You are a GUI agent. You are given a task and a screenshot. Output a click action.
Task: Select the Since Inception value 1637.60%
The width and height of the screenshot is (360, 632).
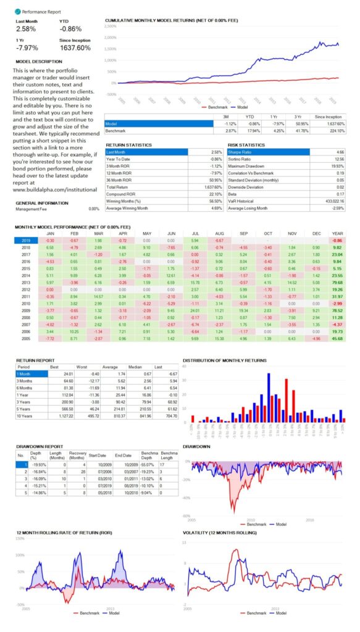click(x=76, y=47)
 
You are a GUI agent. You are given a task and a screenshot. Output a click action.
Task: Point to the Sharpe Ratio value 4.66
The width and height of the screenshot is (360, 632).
click(x=340, y=151)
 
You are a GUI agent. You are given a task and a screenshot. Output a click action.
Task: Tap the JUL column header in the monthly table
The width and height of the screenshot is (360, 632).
click(x=195, y=234)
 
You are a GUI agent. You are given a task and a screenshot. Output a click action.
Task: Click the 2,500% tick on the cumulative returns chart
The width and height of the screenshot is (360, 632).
click(x=111, y=27)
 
